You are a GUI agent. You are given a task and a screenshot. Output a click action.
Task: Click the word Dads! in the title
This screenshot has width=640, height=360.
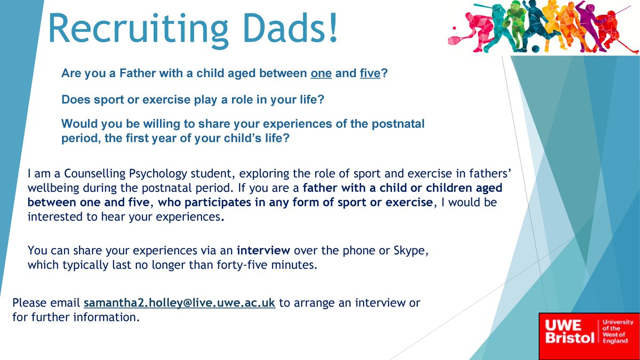coord(291,28)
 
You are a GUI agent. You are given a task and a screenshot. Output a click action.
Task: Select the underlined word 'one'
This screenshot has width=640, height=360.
coord(321,74)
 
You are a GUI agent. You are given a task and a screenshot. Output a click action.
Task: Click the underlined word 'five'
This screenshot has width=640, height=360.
coord(370,73)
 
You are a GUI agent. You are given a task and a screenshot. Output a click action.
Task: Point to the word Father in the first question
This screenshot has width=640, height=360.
coord(138,73)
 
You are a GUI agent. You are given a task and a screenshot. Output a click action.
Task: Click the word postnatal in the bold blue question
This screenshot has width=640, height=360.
coord(398,124)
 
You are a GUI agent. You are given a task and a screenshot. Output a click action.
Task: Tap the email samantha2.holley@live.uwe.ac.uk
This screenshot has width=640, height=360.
coord(179,302)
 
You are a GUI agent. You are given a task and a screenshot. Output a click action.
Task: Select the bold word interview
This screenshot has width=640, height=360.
coord(263,250)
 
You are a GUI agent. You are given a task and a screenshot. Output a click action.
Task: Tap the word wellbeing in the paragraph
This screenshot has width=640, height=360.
coord(53,188)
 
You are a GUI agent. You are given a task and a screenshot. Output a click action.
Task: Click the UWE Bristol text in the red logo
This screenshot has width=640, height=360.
coord(570,331)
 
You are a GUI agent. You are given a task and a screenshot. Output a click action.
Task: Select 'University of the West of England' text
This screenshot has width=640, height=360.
coord(618,331)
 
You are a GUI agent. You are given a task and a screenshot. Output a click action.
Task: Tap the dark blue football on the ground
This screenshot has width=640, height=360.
coord(535,49)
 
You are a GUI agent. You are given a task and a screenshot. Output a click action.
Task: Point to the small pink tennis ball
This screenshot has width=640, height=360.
coord(454,28)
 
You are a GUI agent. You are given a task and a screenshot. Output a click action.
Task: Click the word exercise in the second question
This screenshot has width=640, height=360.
coord(166,100)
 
